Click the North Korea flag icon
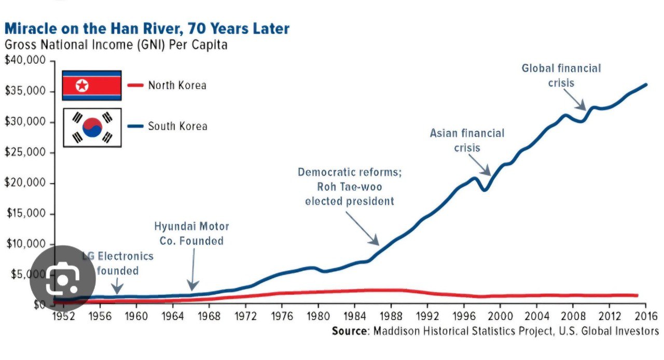click(x=91, y=85)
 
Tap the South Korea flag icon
click(x=92, y=128)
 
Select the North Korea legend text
click(x=177, y=85)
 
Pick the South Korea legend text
click(x=177, y=126)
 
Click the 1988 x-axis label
click(x=392, y=315)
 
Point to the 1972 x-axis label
click(x=246, y=315)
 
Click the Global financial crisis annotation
click(x=561, y=75)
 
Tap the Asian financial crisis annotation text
click(x=467, y=140)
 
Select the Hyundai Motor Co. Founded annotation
click(x=191, y=233)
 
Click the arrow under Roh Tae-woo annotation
click(x=363, y=228)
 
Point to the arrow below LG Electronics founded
click(x=117, y=285)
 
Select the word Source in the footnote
click(x=352, y=331)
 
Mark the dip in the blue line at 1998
click(x=484, y=189)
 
